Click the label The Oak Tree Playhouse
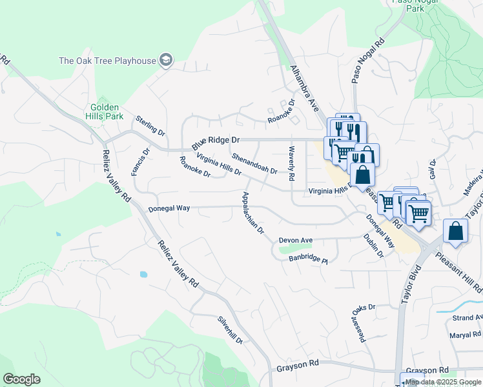click(x=107, y=61)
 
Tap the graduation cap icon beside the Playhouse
click(x=167, y=61)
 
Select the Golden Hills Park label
click(x=106, y=112)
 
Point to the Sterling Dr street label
click(x=150, y=126)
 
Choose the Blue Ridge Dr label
click(x=215, y=139)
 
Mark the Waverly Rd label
click(x=292, y=163)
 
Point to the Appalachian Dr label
click(x=252, y=212)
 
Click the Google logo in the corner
click(x=21, y=379)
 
